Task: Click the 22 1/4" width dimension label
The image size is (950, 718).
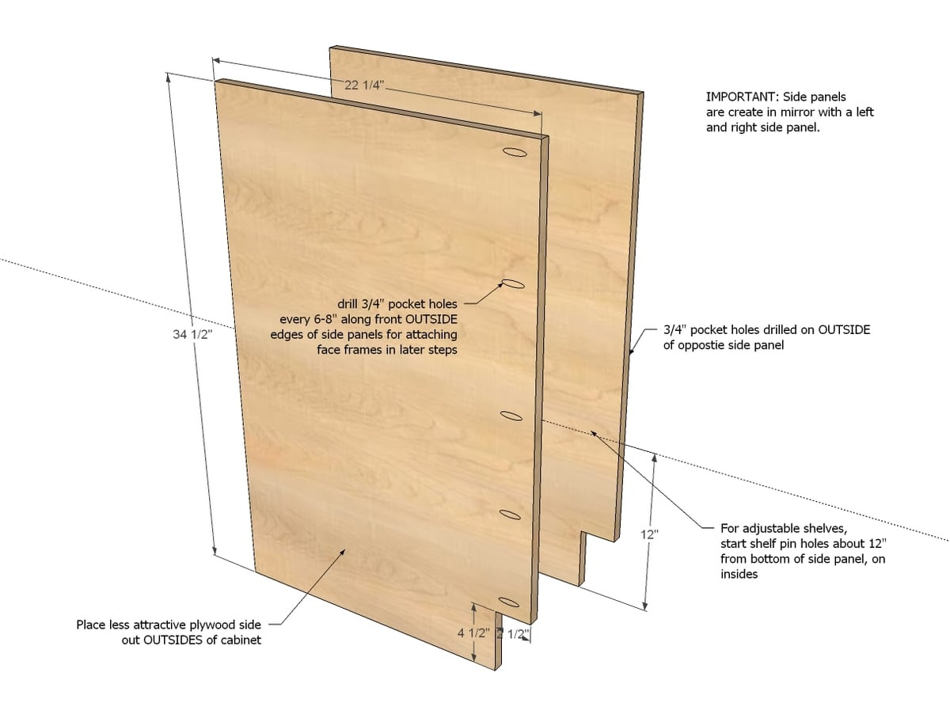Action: click(364, 85)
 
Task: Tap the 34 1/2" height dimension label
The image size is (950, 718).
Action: click(192, 334)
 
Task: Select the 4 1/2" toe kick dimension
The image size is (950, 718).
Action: click(473, 633)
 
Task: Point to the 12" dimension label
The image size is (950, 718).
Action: click(649, 534)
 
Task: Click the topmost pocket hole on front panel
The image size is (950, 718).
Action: click(515, 152)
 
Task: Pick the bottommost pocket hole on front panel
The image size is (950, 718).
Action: click(508, 602)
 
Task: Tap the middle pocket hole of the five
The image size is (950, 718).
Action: click(511, 416)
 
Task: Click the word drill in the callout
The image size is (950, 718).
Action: click(348, 304)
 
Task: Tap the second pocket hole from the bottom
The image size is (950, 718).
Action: click(510, 515)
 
